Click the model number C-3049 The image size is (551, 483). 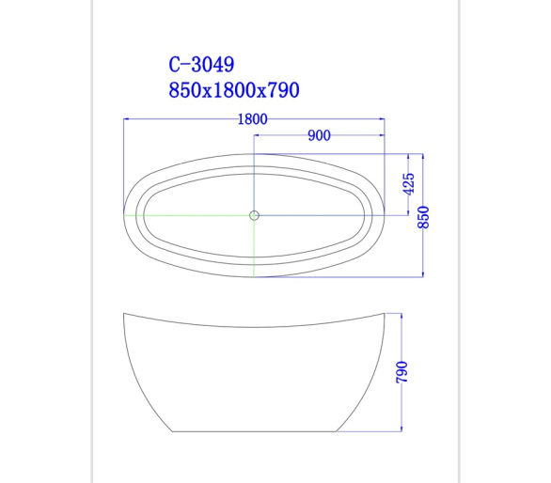click(x=201, y=64)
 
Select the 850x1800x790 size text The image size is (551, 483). click(x=234, y=90)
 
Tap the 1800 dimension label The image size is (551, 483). click(x=252, y=119)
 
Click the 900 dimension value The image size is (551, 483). click(x=319, y=135)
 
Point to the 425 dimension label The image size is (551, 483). click(x=409, y=183)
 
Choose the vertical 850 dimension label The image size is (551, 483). click(x=423, y=217)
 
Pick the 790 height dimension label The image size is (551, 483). click(x=402, y=372)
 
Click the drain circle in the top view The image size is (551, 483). click(x=254, y=215)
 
